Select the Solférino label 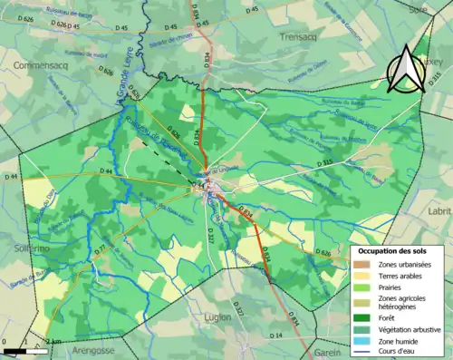tap(17, 247)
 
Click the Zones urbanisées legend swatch tap(362, 263)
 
